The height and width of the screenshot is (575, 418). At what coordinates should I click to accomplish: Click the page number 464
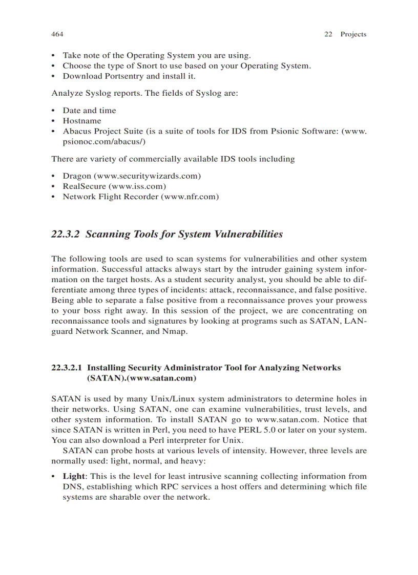(57, 34)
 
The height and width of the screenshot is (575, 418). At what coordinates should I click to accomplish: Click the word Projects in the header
(353, 34)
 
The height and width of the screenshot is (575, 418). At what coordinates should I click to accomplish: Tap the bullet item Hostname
(82, 121)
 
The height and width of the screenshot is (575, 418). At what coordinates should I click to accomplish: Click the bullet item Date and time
(89, 110)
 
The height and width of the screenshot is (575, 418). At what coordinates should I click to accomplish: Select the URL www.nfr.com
(190, 197)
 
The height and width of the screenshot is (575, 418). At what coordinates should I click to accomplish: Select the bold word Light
(73, 476)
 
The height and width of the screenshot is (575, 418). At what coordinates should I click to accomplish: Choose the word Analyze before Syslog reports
(67, 93)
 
